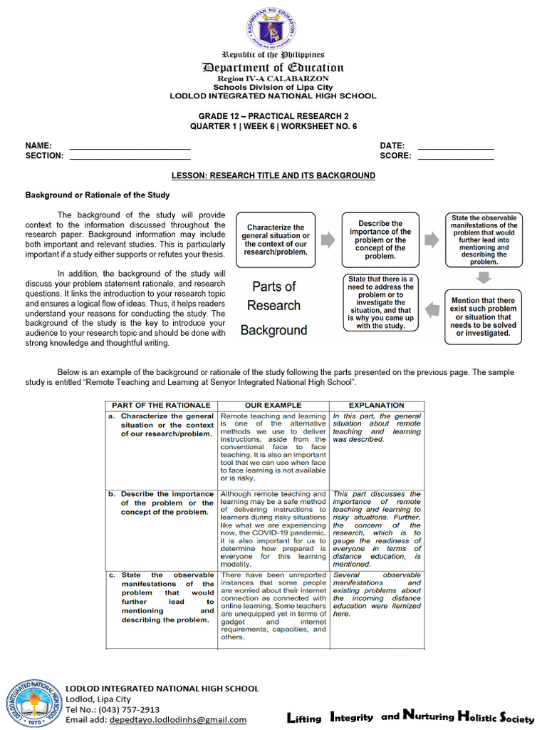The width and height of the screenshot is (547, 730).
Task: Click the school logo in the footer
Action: (34, 703)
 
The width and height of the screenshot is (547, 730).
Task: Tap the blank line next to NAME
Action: (130, 146)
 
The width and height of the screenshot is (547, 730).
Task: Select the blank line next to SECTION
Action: (130, 156)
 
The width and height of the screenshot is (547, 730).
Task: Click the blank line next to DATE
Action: (455, 146)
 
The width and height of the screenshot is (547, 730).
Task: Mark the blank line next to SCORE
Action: (455, 156)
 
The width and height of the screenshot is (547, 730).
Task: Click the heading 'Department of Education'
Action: (273, 68)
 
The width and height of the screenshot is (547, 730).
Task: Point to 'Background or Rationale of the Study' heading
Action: (97, 195)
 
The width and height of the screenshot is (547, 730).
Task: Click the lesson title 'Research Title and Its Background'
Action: (273, 175)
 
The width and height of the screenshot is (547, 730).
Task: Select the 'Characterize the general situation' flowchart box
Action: (276, 240)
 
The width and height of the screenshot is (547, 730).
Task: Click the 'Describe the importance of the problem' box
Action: (385, 240)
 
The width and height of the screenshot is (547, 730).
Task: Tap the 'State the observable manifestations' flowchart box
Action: (484, 240)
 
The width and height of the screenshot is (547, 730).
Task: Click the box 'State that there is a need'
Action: (381, 302)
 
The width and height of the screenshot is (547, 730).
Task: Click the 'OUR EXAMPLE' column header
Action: (273, 405)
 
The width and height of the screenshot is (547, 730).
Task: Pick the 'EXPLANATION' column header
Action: (376, 405)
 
